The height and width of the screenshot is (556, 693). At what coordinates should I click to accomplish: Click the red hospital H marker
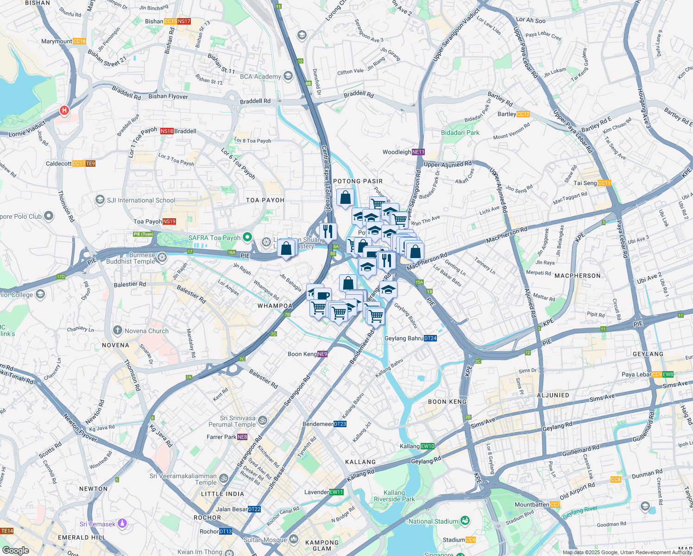click(64, 111)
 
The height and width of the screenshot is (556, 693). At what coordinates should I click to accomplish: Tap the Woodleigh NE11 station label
click(403, 152)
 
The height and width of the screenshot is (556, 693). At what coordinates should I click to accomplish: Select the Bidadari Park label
click(460, 133)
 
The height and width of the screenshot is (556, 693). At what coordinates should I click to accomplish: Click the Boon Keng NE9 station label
click(308, 354)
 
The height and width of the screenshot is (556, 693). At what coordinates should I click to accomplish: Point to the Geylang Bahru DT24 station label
click(410, 338)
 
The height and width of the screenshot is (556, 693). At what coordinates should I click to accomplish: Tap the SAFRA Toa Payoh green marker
click(247, 238)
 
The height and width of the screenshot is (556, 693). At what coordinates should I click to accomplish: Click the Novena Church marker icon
click(118, 331)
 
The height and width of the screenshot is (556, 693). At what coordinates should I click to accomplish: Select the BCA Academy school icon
click(288, 76)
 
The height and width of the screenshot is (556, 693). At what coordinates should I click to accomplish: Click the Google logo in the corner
click(15, 550)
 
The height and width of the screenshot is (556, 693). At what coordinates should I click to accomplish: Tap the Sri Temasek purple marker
click(122, 524)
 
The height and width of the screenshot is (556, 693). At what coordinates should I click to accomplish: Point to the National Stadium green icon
click(465, 521)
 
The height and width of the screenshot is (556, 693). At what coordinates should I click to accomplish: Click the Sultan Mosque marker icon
click(294, 539)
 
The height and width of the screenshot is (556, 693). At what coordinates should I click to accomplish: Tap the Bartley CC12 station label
click(513, 114)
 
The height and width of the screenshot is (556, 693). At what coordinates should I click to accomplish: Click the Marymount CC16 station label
click(63, 41)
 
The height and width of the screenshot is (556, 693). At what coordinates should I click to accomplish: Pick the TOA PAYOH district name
click(265, 200)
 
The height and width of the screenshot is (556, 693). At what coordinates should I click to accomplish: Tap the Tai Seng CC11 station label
click(592, 183)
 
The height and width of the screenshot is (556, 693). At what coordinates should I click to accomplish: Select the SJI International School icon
click(100, 200)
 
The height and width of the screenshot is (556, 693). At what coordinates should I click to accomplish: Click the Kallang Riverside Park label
click(394, 496)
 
